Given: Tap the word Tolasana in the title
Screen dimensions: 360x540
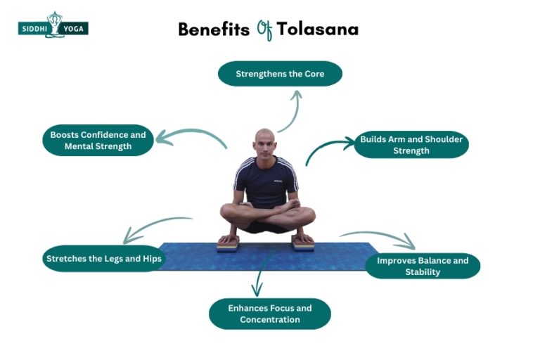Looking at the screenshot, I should [317, 30].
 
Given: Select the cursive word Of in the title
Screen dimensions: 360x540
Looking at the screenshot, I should [264, 30].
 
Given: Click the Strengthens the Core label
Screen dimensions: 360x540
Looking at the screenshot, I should [280, 74].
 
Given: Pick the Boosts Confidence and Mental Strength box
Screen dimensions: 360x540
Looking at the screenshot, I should [98, 141].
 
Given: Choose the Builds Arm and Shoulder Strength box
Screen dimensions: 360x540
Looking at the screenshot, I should [411, 145].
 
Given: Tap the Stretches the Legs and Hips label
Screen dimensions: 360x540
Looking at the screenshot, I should [103, 258].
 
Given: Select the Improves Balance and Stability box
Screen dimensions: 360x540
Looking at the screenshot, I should [422, 266].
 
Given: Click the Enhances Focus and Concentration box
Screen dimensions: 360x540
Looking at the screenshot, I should [269, 314].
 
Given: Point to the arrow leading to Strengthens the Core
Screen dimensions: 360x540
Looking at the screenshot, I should [292, 110].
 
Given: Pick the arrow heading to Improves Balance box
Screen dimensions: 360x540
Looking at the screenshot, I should [380, 238].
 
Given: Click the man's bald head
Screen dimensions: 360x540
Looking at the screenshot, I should [264, 141].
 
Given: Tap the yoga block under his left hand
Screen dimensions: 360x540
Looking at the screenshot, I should [303, 243].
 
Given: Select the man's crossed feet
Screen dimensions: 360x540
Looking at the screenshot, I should [265, 211].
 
